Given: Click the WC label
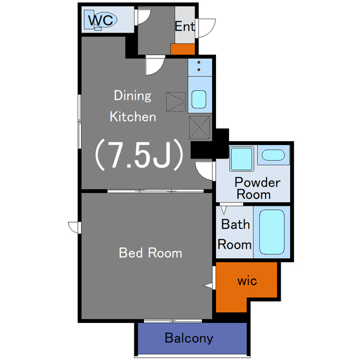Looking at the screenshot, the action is (x=101, y=20).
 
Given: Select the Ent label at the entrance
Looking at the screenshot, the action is (x=185, y=26).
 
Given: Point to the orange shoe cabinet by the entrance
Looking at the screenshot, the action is (x=183, y=49).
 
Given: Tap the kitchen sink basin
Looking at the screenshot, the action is (x=199, y=99).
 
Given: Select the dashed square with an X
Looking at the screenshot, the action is (x=199, y=128).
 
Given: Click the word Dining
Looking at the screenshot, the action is (x=133, y=96).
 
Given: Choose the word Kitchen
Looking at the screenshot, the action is (x=133, y=117).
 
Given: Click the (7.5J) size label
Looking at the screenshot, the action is (x=139, y=155).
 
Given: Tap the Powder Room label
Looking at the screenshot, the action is (x=257, y=188).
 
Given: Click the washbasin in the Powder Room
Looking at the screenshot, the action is (x=273, y=155).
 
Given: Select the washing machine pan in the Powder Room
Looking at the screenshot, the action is (x=241, y=159).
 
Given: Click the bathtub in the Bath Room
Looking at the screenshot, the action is (x=272, y=232).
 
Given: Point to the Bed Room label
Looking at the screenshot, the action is (x=150, y=253).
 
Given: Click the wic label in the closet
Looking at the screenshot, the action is (x=247, y=281).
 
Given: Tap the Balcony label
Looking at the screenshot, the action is (x=189, y=338).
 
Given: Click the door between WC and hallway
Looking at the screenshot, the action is (x=143, y=17).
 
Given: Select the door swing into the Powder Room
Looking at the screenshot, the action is (x=204, y=171).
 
